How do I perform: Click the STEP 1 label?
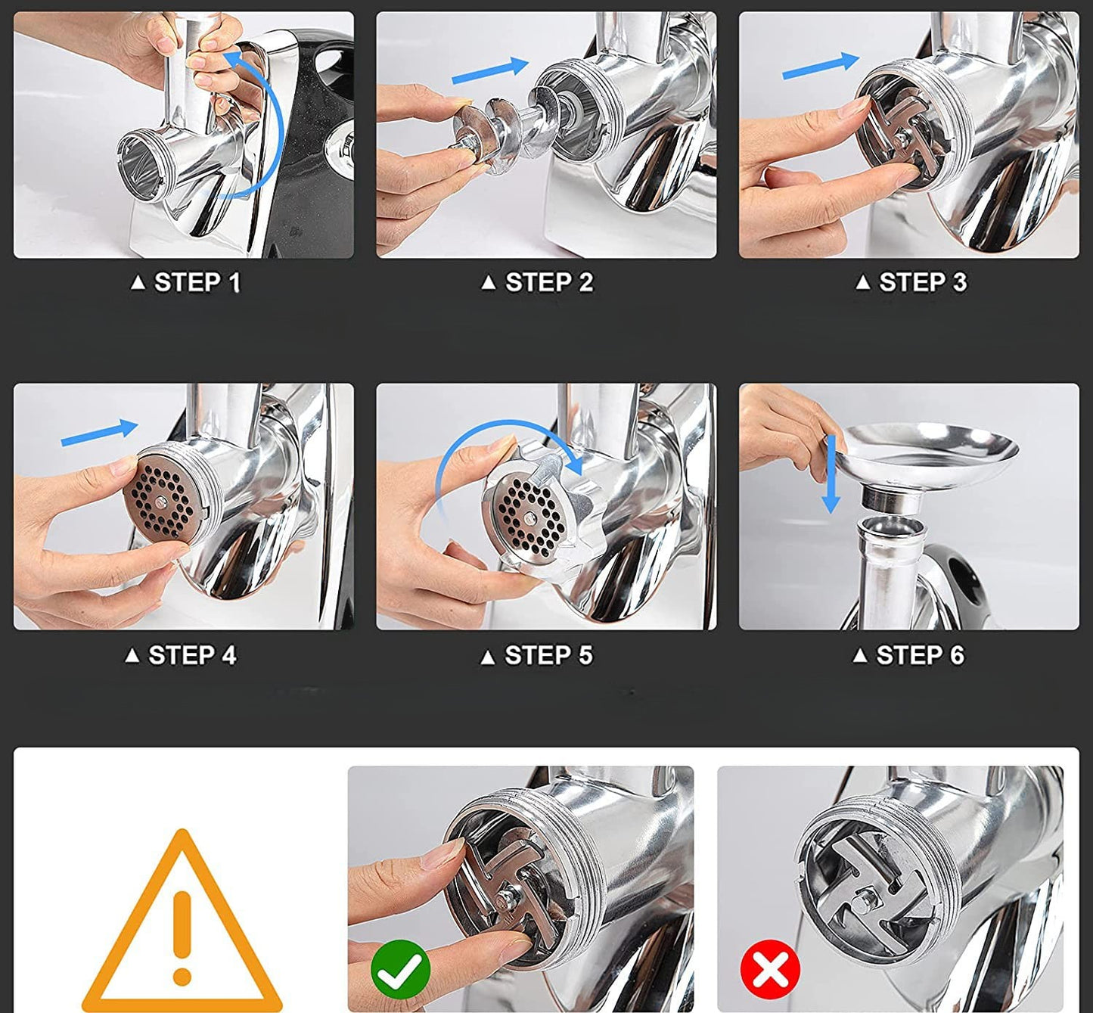coord(185,282)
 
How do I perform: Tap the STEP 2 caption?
coord(537,282)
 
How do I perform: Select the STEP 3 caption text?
coord(911,282)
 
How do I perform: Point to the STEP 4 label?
coord(181,655)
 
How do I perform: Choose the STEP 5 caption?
coord(536,655)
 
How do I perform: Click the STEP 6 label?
coord(908,655)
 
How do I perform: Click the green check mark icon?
coord(401,969)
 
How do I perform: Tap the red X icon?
coord(770,969)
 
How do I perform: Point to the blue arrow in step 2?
coord(490,72)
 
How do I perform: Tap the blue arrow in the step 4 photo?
coord(99,433)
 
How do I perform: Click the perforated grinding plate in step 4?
coord(160,502)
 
